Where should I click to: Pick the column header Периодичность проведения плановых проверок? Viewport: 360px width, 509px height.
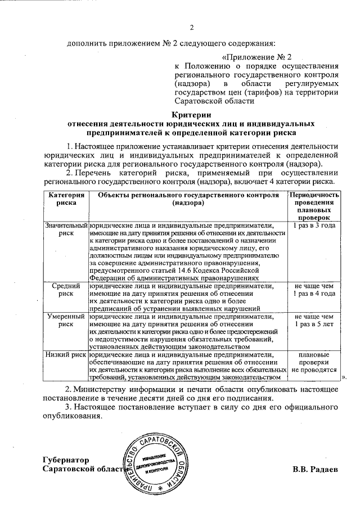(x=314, y=205)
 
